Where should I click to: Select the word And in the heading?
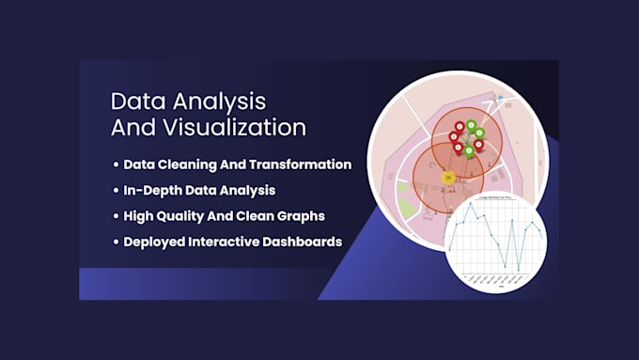pyautogui.click(x=137, y=128)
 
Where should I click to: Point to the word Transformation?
pyautogui.click(x=300, y=164)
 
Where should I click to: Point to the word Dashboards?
pyautogui.click(x=306, y=242)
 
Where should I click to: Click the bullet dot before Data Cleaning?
pyautogui.click(x=116, y=164)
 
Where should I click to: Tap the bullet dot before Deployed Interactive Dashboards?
pyautogui.click(x=116, y=242)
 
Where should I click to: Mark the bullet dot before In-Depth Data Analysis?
pyautogui.click(x=116, y=190)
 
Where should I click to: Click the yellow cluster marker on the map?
pyautogui.click(x=448, y=176)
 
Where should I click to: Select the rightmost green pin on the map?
pyautogui.click(x=479, y=133)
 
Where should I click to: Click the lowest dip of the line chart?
pyautogui.click(x=519, y=270)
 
